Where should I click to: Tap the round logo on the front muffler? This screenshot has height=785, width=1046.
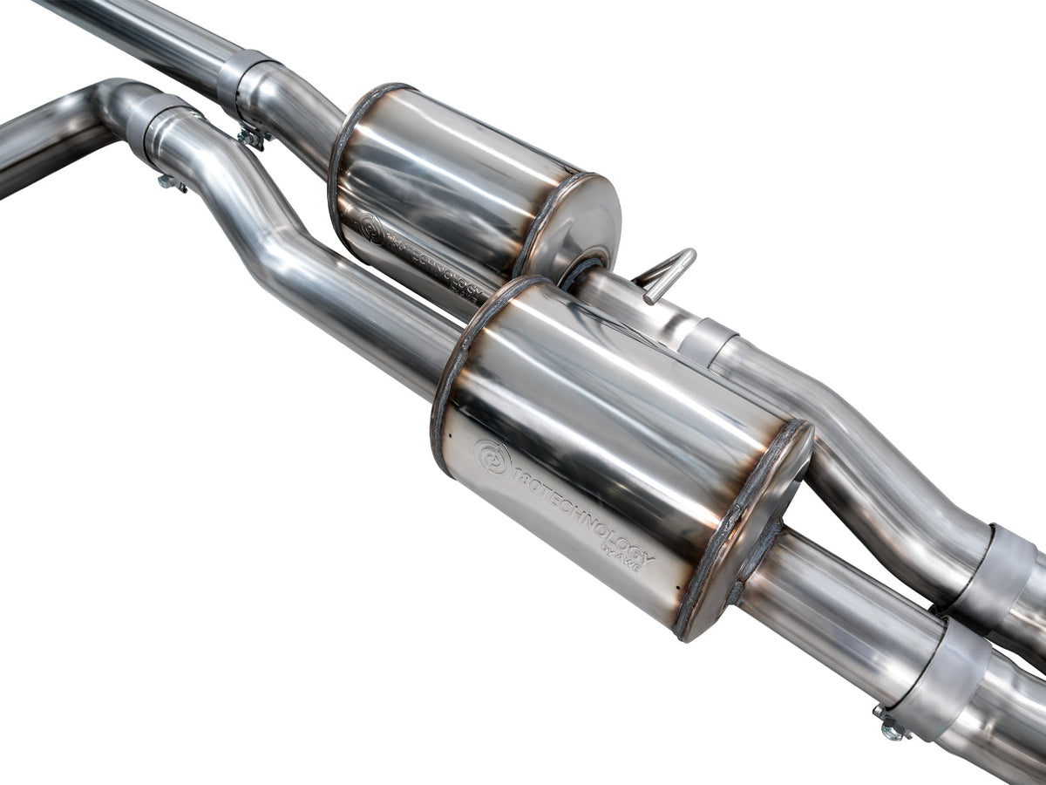(x=492, y=458)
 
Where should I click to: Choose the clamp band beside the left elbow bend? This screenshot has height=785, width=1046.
(x=157, y=127)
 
